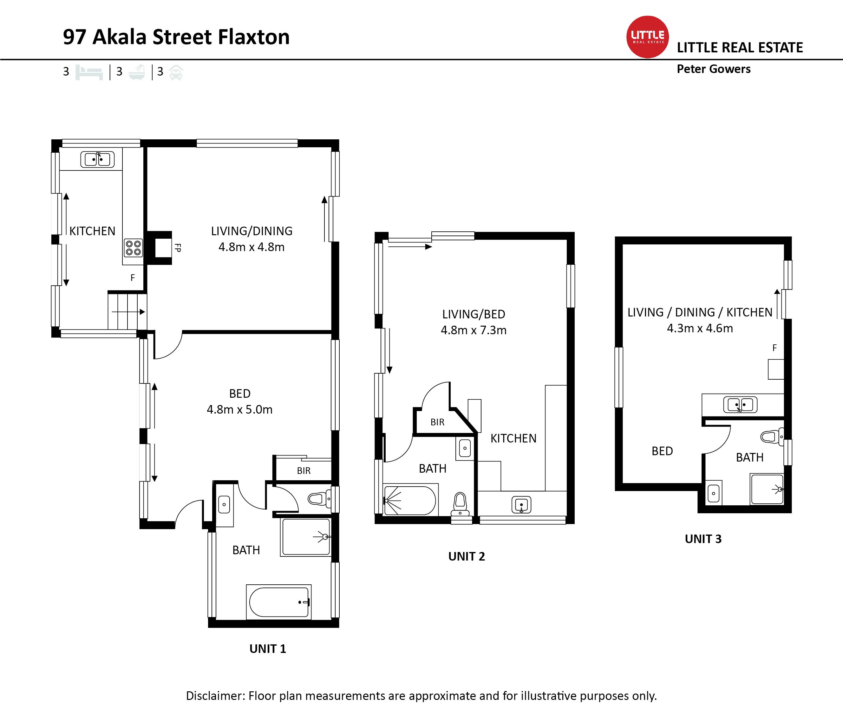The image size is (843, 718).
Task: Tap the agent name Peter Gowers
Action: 714,69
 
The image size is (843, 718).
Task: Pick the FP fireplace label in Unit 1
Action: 178,248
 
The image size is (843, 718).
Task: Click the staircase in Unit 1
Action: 127,312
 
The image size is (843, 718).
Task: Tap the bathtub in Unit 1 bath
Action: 279,602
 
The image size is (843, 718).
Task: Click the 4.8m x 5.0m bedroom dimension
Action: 239,409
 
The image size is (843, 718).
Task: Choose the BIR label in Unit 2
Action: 438,422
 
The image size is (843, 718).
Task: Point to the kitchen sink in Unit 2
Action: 521,505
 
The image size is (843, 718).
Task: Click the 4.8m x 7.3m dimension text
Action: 474,330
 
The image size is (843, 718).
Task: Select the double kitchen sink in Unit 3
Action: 741,405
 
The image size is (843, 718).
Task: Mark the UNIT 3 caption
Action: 703,539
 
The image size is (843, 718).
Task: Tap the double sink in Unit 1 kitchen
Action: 98,159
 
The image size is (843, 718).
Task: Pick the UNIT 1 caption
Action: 268,649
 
